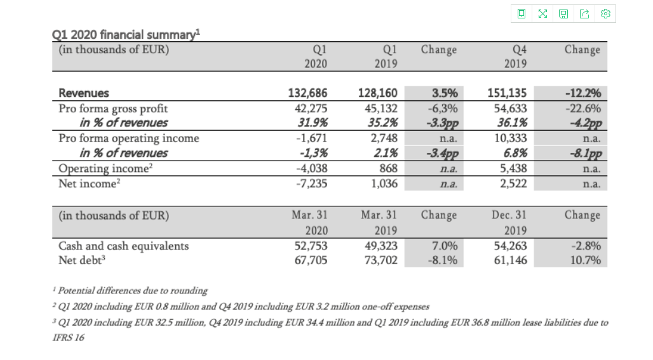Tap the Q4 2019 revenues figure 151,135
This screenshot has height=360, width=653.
507,93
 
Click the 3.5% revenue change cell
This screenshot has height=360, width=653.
443,93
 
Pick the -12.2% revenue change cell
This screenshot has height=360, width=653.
582,93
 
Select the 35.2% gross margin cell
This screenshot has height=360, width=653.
382,123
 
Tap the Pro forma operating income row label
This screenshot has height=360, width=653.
128,138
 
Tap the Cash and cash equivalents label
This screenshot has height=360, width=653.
123,246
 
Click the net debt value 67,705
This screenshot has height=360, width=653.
312,260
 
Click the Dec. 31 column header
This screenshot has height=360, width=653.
509,215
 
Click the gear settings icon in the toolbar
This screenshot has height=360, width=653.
605,14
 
